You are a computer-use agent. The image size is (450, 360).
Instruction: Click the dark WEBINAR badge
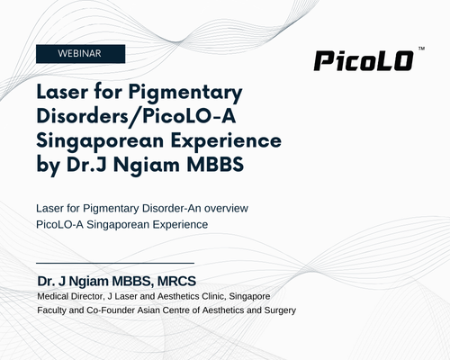point(80,54)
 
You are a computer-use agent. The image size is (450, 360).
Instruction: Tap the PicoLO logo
point(364,61)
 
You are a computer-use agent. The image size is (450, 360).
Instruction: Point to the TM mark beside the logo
point(421,49)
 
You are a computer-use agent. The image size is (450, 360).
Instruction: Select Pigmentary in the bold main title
point(185,93)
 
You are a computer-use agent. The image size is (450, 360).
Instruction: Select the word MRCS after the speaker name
point(176,282)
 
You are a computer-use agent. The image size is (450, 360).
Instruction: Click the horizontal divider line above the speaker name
point(115,263)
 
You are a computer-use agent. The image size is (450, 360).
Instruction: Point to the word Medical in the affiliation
point(53,296)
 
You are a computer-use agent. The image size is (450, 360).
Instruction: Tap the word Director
point(87,297)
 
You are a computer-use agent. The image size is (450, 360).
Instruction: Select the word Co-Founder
point(111,310)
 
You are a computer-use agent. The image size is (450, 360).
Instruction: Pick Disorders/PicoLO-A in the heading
point(136,116)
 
